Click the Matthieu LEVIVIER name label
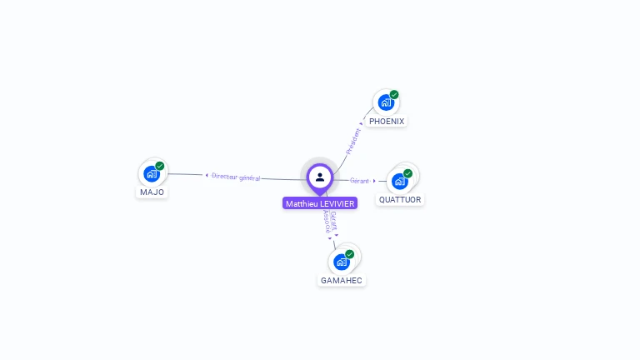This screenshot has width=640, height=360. pos(320,203)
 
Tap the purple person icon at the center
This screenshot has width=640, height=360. pos(320,177)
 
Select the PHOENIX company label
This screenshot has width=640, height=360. pos(387,122)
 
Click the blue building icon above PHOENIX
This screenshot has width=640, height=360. pos(385,102)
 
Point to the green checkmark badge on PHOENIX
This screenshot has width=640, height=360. pos(394,94)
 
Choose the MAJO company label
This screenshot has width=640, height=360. pos(152,192)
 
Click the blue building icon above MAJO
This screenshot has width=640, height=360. pos(151,173)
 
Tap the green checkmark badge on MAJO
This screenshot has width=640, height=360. pos(160,166)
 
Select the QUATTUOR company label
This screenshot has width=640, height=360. pos(400,200)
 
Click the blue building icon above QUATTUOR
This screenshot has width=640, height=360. pos(399,181)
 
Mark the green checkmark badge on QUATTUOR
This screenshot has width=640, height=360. pos(408,173)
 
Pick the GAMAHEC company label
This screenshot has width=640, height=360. pos(342,281)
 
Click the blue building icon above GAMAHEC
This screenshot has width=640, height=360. pos(341,262)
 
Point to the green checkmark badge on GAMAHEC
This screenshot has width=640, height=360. pos(350,254)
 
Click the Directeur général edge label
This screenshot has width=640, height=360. pos(236,177)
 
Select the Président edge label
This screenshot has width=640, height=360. pos(353,139)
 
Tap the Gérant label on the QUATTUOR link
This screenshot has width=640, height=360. pos(359,180)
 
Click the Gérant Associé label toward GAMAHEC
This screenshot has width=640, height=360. pos(330,222)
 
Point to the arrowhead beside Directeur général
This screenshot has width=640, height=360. pos(207,175)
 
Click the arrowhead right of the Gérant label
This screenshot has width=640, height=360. pos(374,180)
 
